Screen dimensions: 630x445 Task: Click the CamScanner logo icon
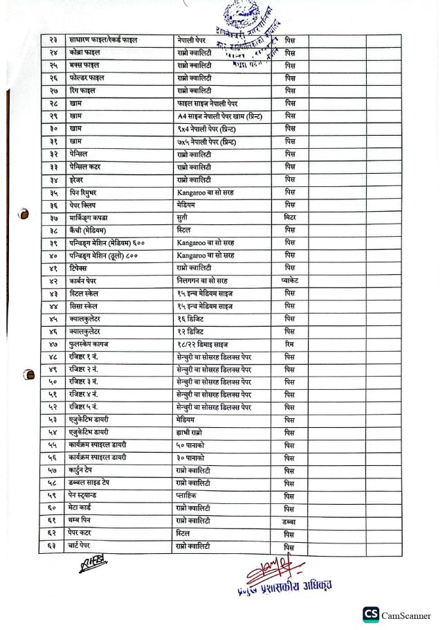click(371, 614)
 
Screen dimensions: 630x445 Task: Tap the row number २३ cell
click(53, 40)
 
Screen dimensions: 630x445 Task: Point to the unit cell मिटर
click(290, 217)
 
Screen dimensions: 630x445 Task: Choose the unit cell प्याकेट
click(290, 281)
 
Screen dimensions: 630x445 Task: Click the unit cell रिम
click(290, 344)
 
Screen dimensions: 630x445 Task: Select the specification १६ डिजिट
click(193, 319)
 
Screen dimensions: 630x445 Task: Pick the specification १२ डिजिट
click(193, 332)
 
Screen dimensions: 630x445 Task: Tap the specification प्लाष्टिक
click(190, 496)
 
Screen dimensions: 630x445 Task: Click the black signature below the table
click(93, 565)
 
